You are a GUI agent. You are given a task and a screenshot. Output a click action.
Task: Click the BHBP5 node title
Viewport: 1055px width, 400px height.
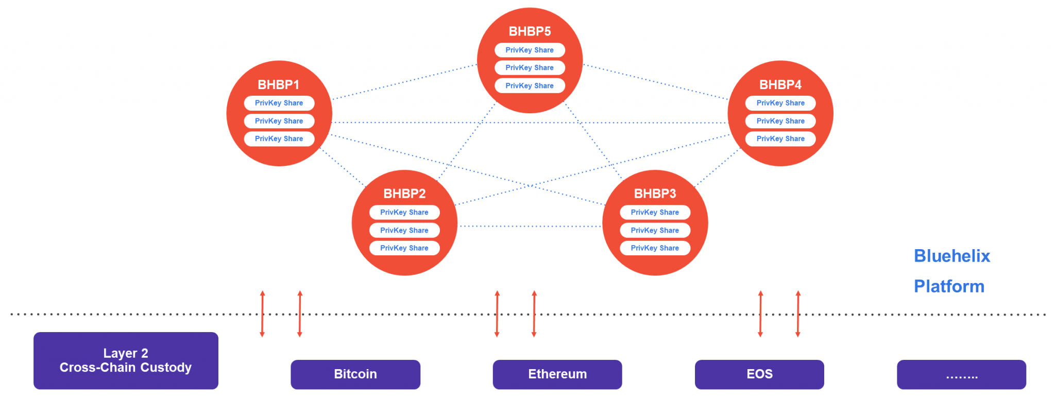[530, 31]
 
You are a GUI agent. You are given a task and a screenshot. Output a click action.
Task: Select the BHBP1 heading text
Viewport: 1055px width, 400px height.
[278, 84]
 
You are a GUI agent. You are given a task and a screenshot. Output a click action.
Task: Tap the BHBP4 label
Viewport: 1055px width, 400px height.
[780, 84]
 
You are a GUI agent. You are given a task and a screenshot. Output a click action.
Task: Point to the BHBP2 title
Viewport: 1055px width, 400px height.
[404, 194]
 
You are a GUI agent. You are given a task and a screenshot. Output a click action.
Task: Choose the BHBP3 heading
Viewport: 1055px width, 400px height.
[655, 194]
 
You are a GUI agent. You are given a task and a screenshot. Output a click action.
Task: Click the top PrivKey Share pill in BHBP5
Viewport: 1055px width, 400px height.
[530, 50]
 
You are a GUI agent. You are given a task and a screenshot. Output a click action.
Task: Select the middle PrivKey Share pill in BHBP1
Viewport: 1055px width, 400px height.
[279, 121]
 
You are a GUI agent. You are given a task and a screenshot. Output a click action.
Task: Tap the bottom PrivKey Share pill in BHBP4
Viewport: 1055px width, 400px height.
[780, 138]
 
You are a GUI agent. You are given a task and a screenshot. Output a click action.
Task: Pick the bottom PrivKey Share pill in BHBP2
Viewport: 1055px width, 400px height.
[404, 248]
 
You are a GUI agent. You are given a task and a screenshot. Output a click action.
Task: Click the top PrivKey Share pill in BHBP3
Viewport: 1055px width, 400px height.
[655, 212]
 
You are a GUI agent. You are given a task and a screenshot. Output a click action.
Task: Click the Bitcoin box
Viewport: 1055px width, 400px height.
[355, 374]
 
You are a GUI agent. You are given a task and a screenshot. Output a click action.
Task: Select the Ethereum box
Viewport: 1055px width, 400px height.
[557, 374]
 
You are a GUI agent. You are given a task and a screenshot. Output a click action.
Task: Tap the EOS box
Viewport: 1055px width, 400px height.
[759, 374]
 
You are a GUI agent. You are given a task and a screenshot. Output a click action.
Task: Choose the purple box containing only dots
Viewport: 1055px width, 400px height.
[961, 374]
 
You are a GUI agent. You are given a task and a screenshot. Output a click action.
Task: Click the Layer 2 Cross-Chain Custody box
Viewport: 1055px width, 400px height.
[126, 360]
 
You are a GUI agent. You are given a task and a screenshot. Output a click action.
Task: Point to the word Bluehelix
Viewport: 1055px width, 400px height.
[951, 256]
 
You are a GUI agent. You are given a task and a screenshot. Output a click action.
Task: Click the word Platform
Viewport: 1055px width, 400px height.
[949, 286]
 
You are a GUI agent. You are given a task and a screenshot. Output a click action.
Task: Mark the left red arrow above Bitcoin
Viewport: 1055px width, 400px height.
[262, 314]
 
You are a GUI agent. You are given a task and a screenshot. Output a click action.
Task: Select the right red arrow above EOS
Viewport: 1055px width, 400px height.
[798, 314]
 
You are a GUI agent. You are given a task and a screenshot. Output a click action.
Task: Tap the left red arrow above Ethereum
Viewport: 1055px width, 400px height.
[497, 314]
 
